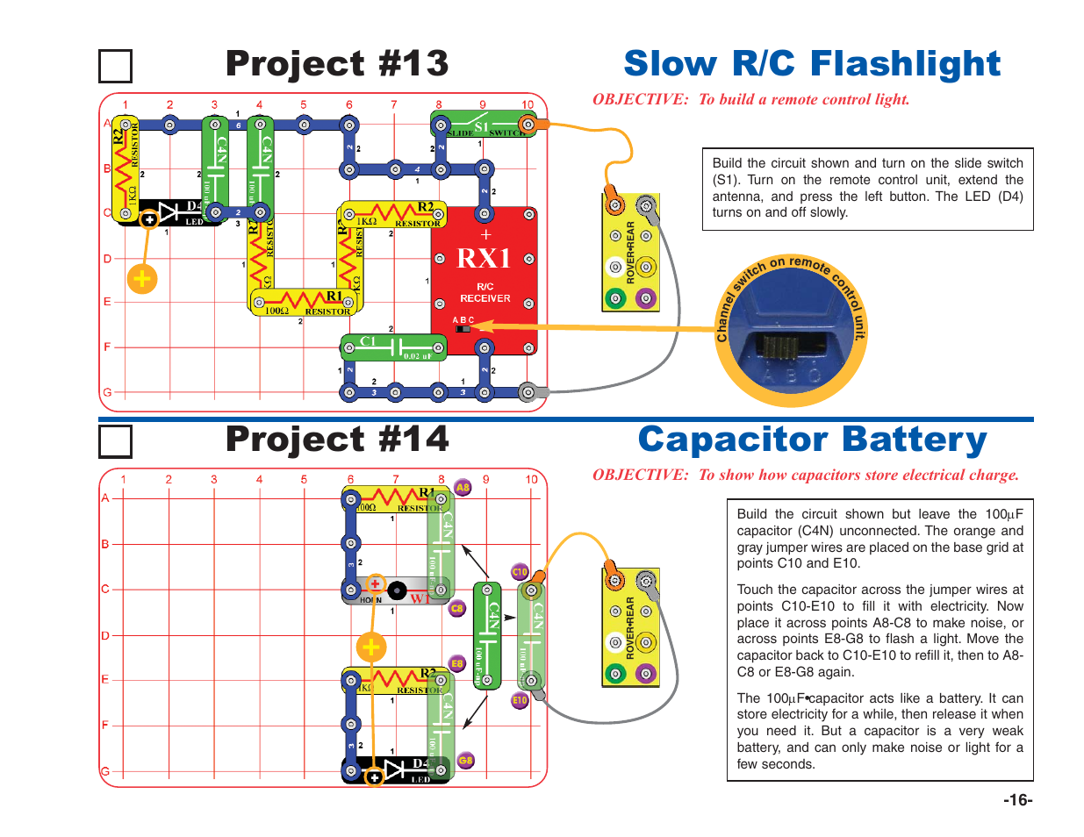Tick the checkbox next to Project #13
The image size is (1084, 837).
(x=115, y=67)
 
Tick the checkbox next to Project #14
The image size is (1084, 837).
(x=115, y=441)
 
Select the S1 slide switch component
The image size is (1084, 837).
(x=483, y=125)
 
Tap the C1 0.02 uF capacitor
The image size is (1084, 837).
(x=393, y=347)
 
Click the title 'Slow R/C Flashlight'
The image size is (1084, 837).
(x=812, y=64)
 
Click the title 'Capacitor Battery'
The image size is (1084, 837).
(x=812, y=440)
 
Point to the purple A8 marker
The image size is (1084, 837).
(x=463, y=488)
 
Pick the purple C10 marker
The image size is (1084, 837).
(x=520, y=572)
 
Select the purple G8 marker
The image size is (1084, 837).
(x=465, y=761)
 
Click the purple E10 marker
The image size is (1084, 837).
(x=520, y=700)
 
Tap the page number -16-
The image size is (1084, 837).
(x=1018, y=799)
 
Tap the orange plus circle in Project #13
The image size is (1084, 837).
(x=141, y=279)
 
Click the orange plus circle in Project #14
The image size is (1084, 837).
(x=371, y=647)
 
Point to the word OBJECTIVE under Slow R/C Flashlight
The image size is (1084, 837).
(x=640, y=99)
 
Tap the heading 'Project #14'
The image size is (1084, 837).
(x=337, y=440)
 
